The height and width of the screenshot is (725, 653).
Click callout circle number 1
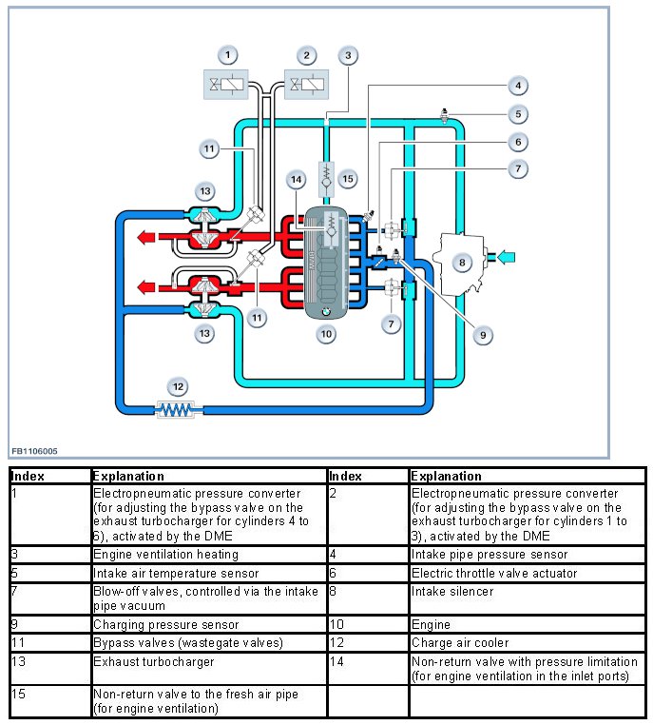(227, 55)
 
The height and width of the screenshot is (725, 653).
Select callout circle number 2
(306, 55)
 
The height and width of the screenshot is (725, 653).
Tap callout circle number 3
(349, 55)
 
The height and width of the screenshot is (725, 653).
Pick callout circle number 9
(482, 334)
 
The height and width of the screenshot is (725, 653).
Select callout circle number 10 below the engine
(326, 334)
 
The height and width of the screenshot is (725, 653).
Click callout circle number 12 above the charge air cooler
(178, 386)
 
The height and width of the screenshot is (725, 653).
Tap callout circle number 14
(297, 179)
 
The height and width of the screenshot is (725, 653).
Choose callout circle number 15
(348, 178)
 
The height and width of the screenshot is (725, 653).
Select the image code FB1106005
(34, 451)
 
